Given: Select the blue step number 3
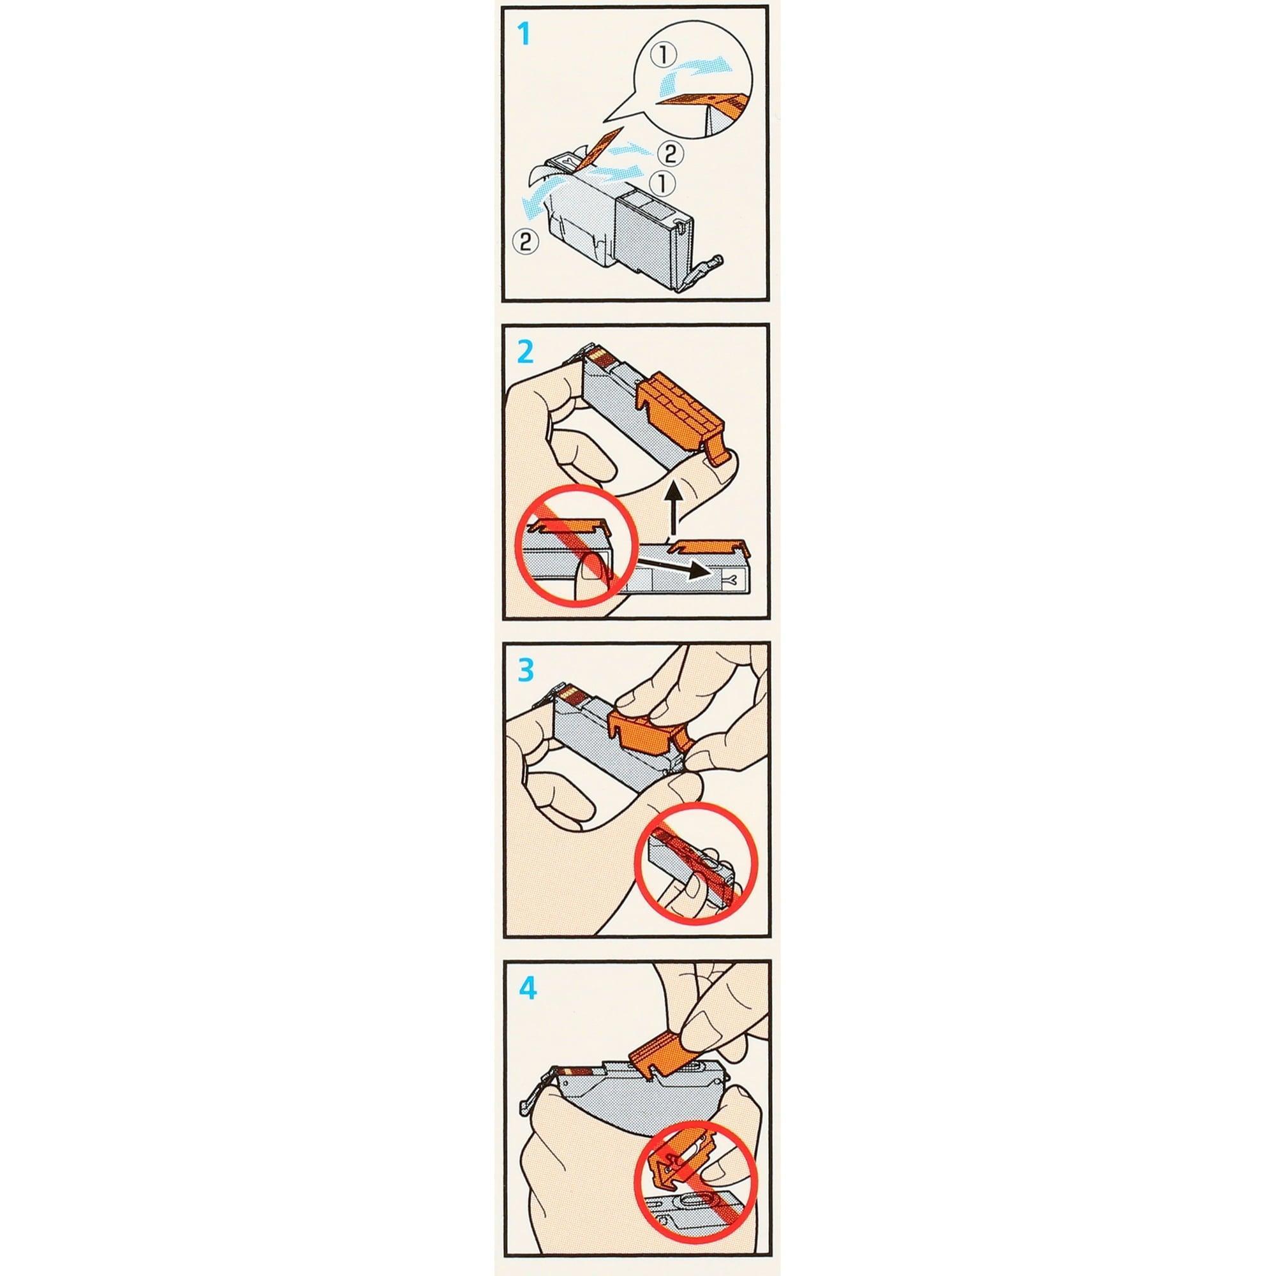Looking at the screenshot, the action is pyautogui.click(x=526, y=670).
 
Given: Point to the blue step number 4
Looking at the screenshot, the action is pyautogui.click(x=527, y=990).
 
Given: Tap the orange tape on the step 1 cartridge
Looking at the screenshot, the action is pyautogui.click(x=598, y=147).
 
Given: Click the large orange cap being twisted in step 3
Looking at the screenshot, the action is pyautogui.click(x=643, y=731).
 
